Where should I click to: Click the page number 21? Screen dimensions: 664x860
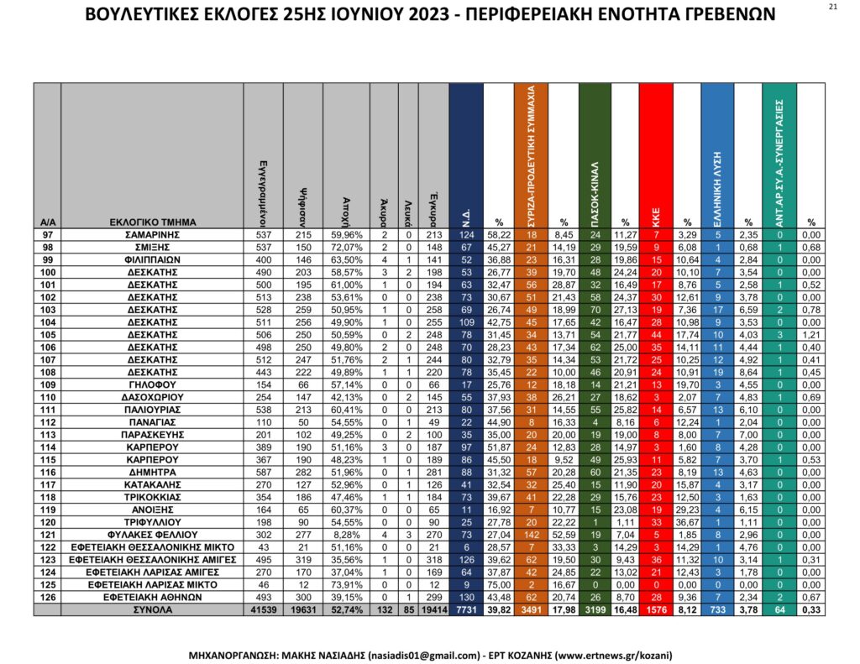pyautogui.click(x=832, y=7)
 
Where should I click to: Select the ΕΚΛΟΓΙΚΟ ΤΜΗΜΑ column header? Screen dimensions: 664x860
pyautogui.click(x=153, y=222)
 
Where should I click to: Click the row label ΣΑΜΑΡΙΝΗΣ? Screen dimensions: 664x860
pyautogui.click(x=153, y=235)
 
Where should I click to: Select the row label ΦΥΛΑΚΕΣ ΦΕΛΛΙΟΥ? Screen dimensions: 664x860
pyautogui.click(x=153, y=534)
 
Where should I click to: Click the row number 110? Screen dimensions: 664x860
pyautogui.click(x=47, y=397)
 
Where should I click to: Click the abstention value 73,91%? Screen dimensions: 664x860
pyautogui.click(x=346, y=584)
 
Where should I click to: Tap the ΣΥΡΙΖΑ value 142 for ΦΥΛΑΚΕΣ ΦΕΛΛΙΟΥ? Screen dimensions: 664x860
pyautogui.click(x=531, y=534)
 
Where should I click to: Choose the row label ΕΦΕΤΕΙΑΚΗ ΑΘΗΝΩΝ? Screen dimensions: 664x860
pyautogui.click(x=153, y=597)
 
